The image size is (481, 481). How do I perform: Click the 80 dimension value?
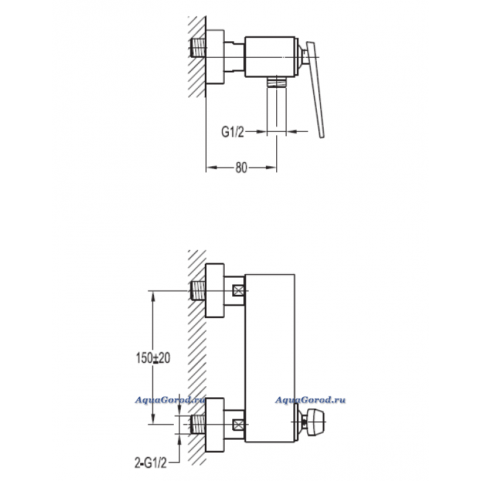(x=241, y=168)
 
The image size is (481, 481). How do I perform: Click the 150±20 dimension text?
(x=153, y=358)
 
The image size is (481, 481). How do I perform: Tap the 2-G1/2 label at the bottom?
(x=151, y=462)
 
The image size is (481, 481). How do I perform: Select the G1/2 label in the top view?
(x=232, y=132)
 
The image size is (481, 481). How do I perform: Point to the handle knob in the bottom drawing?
(x=317, y=424)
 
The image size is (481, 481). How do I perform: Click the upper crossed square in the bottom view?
(x=238, y=290)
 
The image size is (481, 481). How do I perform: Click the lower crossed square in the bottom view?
(x=238, y=425)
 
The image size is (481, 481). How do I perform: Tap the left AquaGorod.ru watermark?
(x=170, y=400)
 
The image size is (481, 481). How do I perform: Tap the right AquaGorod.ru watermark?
(x=310, y=400)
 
